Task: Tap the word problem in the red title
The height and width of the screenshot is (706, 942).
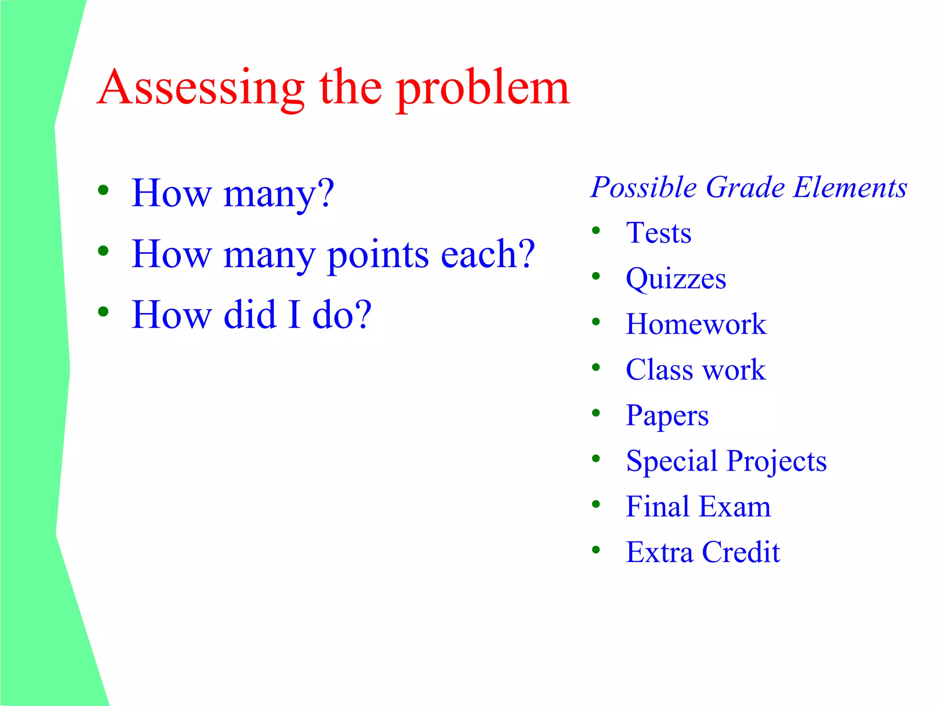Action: [x=483, y=88]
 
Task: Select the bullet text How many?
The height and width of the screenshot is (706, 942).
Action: [x=233, y=194]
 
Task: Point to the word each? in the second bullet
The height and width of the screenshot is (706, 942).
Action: [x=488, y=255]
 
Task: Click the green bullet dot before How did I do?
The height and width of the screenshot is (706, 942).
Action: [x=103, y=312]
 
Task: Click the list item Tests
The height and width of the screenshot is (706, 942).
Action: [x=658, y=233]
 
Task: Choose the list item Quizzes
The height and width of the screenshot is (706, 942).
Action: [x=676, y=279]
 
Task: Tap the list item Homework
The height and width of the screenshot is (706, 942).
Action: [x=696, y=324]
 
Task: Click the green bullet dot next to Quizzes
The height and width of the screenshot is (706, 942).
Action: [x=596, y=276]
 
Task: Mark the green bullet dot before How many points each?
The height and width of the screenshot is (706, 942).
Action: [x=103, y=251]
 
